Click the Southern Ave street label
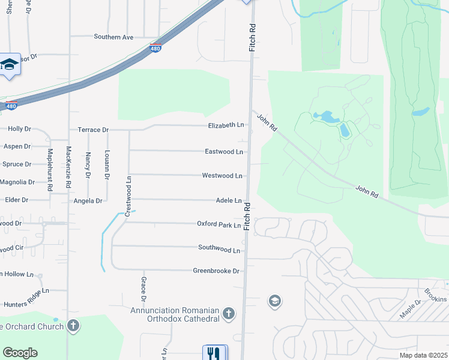click(x=113, y=37)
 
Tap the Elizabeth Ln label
click(x=226, y=125)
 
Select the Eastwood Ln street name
click(x=224, y=152)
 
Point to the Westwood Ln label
click(x=222, y=176)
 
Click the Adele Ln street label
click(x=229, y=200)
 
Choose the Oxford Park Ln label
click(x=219, y=224)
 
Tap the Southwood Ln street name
click(x=219, y=248)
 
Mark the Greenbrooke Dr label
click(x=216, y=271)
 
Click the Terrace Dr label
click(x=93, y=130)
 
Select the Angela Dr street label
click(x=88, y=201)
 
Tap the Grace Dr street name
click(x=144, y=289)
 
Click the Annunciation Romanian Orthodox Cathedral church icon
click(x=228, y=313)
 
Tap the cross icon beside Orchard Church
click(x=73, y=326)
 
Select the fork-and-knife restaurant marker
click(x=214, y=353)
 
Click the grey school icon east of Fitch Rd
click(x=275, y=301)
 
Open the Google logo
click(x=20, y=353)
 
